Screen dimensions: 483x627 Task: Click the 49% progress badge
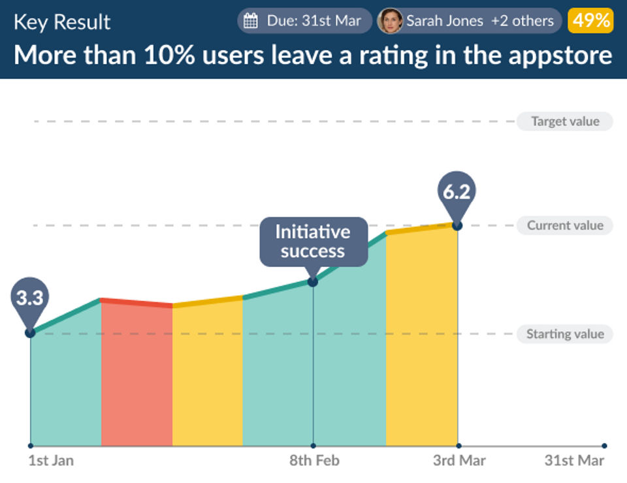(x=590, y=20)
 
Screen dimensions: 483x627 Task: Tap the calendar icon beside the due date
(x=250, y=21)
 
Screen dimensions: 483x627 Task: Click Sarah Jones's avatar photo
(x=390, y=21)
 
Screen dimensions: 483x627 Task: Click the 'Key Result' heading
(x=62, y=22)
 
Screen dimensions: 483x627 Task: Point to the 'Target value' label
(x=564, y=121)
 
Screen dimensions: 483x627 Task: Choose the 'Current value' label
(x=564, y=226)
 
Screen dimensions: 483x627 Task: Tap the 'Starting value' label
(x=564, y=334)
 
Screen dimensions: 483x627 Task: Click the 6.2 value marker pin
(x=456, y=193)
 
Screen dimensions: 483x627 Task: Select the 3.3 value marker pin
(x=29, y=300)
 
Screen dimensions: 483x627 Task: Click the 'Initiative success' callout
(x=313, y=241)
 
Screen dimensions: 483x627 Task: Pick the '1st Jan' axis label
(x=51, y=461)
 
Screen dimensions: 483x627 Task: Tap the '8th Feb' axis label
(x=314, y=461)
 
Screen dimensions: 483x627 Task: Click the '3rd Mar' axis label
(x=459, y=461)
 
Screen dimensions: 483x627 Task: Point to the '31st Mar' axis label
(x=574, y=461)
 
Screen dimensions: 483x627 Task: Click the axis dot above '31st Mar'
(x=604, y=446)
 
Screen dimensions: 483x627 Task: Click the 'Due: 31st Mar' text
(x=313, y=21)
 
